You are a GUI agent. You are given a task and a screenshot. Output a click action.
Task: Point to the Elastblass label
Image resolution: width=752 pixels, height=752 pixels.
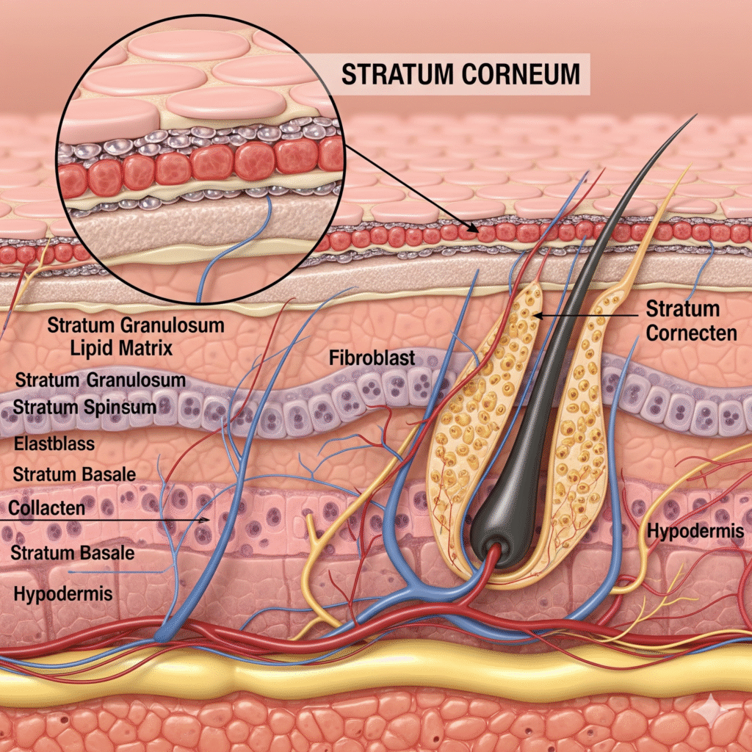(49, 444)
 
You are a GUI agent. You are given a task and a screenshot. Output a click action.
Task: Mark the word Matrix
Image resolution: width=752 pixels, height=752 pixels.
(146, 348)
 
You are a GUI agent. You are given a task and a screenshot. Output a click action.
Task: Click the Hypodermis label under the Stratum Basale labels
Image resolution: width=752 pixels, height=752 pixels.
(63, 593)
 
